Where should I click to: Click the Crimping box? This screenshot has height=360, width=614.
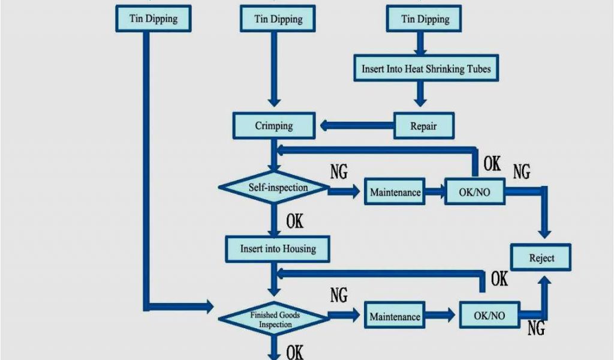274,126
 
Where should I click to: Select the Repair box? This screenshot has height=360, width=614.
423,127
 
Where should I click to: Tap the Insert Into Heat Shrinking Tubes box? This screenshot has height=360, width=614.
426,69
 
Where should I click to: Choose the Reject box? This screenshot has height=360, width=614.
541,258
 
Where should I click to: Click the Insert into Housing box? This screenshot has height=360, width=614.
278,248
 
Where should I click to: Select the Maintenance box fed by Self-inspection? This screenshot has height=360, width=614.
395,193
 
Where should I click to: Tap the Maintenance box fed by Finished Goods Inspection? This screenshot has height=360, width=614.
395,316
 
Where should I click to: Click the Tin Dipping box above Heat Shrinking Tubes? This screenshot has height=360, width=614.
425,19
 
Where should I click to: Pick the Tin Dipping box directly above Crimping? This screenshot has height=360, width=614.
278,19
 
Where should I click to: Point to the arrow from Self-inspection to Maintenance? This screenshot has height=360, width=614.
345,192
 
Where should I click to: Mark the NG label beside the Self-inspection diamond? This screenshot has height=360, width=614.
339,172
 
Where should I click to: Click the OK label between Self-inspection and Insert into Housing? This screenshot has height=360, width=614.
294,222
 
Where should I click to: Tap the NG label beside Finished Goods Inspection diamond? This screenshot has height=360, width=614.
339,295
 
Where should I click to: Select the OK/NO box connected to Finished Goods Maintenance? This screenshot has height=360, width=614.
489,316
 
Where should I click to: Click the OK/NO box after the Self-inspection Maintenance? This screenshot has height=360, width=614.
474,193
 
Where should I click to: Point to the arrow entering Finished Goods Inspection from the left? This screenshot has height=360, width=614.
180,307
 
